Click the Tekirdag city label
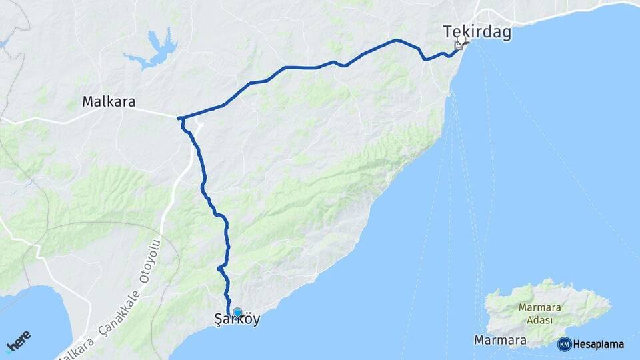[x=477, y=32]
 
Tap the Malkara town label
[x=109, y=102]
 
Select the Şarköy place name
[x=238, y=319]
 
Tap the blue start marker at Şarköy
[x=237, y=312]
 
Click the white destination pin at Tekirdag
[x=462, y=40]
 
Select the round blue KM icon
[x=564, y=344]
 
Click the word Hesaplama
[x=598, y=344]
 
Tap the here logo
[x=19, y=341]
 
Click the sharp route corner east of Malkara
[x=179, y=119]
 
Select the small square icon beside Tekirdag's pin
[x=458, y=46]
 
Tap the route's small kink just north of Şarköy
[x=219, y=268]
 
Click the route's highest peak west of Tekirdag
[x=396, y=40]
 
